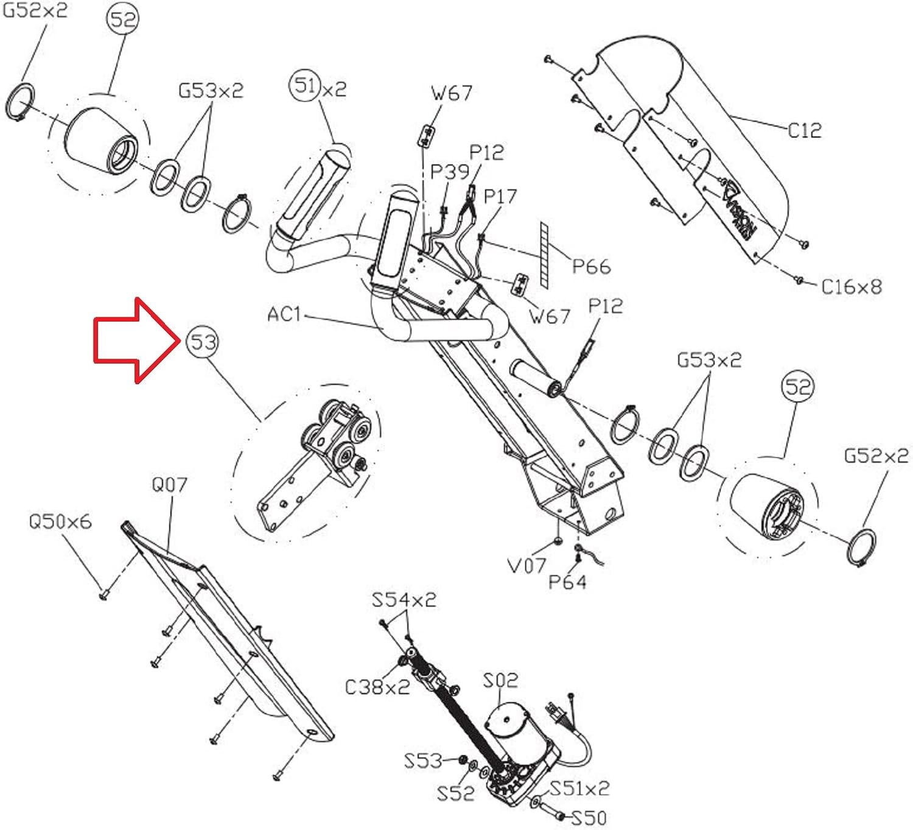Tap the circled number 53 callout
[203, 342]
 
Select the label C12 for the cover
[805, 131]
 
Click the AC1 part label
[284, 314]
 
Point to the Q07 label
[169, 484]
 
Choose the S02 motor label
[500, 681]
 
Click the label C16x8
[852, 287]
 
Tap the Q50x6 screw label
[60, 521]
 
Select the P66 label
[591, 267]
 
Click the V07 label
[526, 565]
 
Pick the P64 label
[567, 582]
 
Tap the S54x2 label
[404, 600]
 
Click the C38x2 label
[378, 688]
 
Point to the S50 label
[589, 818]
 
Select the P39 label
[450, 171]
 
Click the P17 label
[500, 196]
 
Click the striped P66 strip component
[544, 255]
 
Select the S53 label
[423, 761]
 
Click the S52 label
[456, 793]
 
